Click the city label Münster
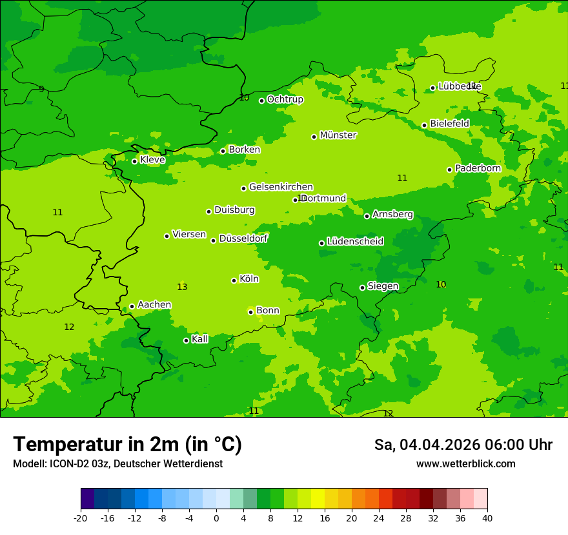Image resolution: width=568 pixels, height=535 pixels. coord(338,135)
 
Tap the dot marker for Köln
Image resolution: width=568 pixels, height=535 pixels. coord(234,280)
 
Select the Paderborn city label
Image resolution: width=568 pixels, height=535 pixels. coord(478,168)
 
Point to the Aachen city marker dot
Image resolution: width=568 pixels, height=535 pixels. coord(132,307)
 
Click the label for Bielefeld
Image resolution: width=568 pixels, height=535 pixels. coord(449,124)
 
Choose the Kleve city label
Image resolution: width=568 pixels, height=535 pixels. coord(152,160)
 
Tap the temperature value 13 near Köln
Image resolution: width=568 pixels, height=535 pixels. coord(182,287)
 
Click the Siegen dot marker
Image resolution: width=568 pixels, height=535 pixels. coord(362,287)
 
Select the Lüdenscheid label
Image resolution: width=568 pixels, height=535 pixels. coord(355,242)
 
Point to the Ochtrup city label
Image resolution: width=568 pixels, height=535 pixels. coord(285,99)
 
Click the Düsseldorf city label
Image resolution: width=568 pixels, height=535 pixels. coord(243,238)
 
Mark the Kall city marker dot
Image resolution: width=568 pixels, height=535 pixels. coord(186,340)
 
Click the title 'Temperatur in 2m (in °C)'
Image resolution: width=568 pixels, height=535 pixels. coord(127,444)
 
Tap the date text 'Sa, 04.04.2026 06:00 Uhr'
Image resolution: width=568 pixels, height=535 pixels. coord(463,445)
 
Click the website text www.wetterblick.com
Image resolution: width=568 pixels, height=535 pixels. coord(465,464)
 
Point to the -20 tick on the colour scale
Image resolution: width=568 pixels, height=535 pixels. coord(81,518)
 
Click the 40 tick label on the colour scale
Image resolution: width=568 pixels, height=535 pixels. coord(487,518)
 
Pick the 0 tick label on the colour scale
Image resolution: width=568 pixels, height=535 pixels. coord(216,518)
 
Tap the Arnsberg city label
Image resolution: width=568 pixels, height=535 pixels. coord(392,214)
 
